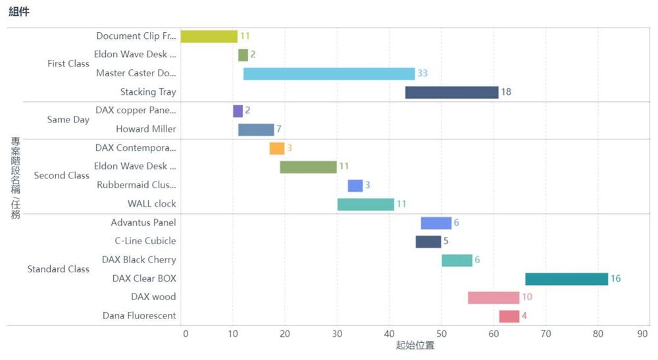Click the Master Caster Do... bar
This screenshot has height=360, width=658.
(329, 73)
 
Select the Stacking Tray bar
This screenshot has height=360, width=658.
(451, 92)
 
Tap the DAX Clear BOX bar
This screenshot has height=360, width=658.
(566, 278)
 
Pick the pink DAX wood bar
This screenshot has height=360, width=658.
(493, 297)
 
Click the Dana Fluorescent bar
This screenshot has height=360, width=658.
(509, 316)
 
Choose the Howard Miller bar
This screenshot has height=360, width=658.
(256, 130)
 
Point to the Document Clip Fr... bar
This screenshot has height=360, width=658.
(209, 36)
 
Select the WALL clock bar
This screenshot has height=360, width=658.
(365, 204)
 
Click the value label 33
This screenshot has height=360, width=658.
(422, 73)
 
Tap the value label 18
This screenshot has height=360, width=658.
(506, 92)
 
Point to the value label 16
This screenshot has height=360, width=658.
(615, 278)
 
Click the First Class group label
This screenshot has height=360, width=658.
(68, 64)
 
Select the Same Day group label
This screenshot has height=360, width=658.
(68, 120)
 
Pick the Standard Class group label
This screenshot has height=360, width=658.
(58, 269)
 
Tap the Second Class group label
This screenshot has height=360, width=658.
(61, 176)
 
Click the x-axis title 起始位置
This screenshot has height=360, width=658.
(415, 346)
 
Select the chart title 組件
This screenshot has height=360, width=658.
(19, 11)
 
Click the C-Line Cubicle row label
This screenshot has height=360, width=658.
(145, 241)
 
